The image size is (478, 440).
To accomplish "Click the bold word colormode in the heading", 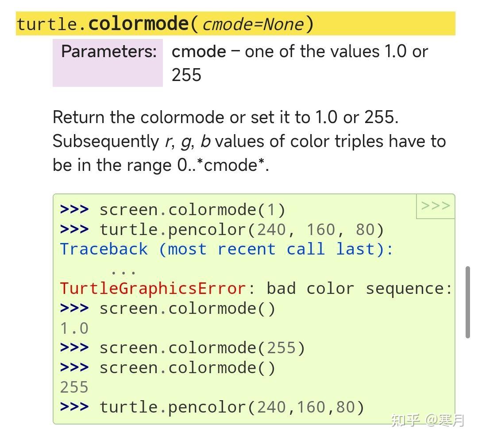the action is coord(139,23).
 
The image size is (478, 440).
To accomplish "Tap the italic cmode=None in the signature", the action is coord(254,24).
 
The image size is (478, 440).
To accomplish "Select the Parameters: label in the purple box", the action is coord(109,51).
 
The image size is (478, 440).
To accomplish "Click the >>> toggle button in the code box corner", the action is coord(436,206).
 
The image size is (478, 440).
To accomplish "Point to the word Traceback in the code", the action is coord(104,249).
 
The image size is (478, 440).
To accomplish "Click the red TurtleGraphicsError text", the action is coord(153,289).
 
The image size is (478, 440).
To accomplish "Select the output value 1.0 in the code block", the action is coord(74,328).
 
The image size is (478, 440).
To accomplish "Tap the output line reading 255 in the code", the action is coord(74,387).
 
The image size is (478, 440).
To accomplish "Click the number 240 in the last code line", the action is coord(272,407).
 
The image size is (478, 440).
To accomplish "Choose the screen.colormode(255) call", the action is coord(202,348).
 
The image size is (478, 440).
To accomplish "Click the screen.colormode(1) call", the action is coord(193,209).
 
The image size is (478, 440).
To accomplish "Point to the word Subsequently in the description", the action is coord(103,142).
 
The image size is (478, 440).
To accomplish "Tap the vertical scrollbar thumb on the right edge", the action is coord(468,302).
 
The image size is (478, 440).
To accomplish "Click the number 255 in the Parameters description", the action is coord(186,75).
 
